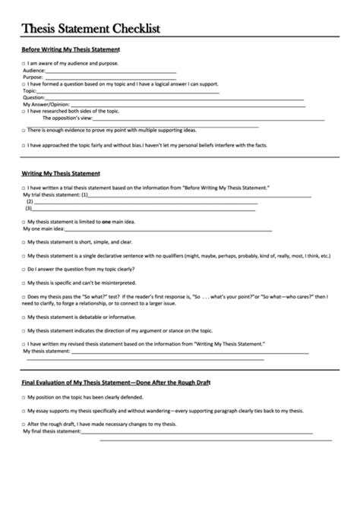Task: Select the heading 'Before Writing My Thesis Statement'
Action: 66,49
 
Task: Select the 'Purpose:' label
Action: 33,77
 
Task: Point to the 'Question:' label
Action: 33,97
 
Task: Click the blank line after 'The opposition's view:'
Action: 197,118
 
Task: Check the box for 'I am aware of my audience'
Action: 24,63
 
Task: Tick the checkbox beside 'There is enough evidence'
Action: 24,130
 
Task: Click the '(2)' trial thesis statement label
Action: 30,201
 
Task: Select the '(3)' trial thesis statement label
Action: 29,207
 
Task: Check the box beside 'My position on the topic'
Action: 24,397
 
